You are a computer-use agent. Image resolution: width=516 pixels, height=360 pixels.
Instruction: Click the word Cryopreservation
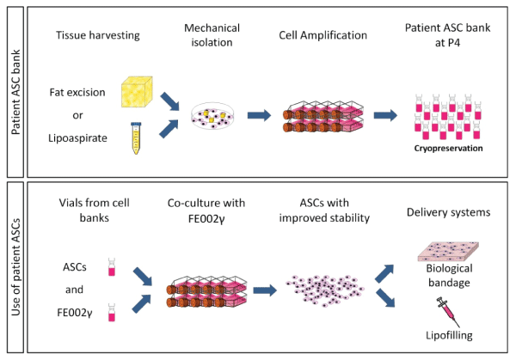pyautogui.click(x=445, y=148)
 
